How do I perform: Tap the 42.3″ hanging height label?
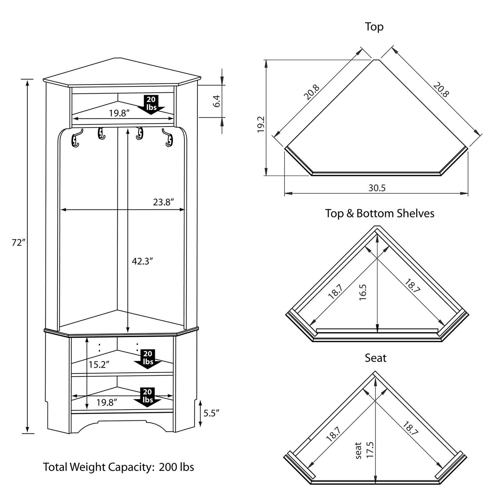pos(142,261)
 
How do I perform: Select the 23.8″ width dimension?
pos(164,202)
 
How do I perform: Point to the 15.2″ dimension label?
pos(99,364)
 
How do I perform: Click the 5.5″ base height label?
pos(211,413)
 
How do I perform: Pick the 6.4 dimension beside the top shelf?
pos(217,101)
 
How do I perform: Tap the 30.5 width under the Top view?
pos(377,188)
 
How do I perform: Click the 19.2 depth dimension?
pos(261,124)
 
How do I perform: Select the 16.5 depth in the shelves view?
pos(363,292)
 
